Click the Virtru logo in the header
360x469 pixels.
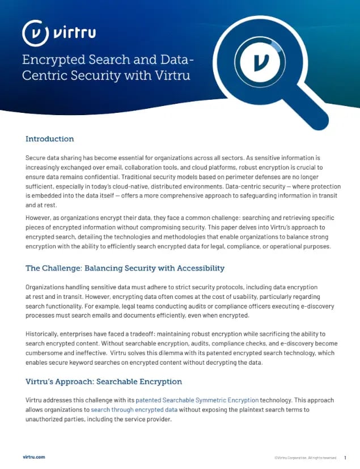(58, 33)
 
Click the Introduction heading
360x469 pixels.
(50, 139)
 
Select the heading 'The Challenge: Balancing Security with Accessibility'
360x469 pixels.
(125, 268)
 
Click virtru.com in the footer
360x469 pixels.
(34, 457)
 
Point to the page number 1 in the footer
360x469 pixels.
(345, 458)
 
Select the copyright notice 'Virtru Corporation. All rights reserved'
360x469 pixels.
(306, 458)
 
